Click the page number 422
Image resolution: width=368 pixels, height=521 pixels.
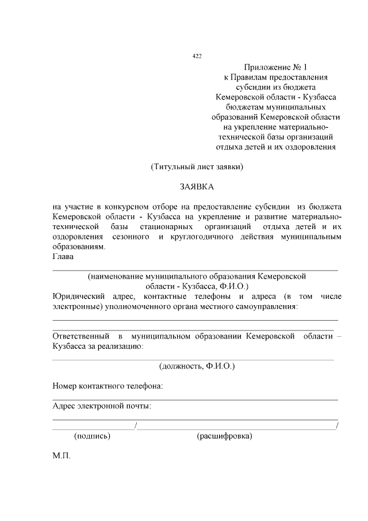196,56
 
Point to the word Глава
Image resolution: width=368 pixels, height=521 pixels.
63,256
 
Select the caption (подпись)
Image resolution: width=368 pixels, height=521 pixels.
93,436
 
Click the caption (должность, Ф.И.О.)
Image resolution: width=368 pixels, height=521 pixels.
197,366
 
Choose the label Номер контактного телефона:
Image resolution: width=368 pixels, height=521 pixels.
108,386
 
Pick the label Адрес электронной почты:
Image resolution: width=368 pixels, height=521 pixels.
102,406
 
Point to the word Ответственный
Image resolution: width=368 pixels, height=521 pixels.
81,335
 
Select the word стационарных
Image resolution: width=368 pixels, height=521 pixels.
166,226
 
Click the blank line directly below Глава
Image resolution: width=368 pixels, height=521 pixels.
195,269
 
